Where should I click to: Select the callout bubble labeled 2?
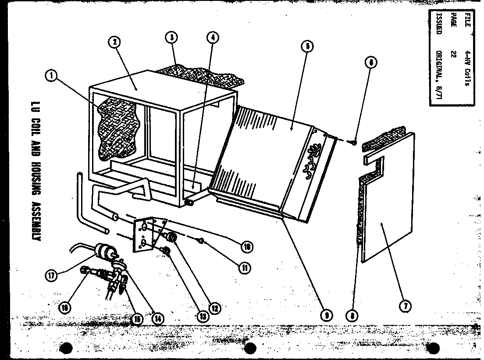(115, 43)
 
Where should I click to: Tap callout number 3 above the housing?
(171, 38)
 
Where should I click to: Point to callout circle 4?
(213, 38)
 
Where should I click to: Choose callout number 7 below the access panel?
(405, 307)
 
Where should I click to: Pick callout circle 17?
(52, 276)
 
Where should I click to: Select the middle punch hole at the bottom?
(249, 349)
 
